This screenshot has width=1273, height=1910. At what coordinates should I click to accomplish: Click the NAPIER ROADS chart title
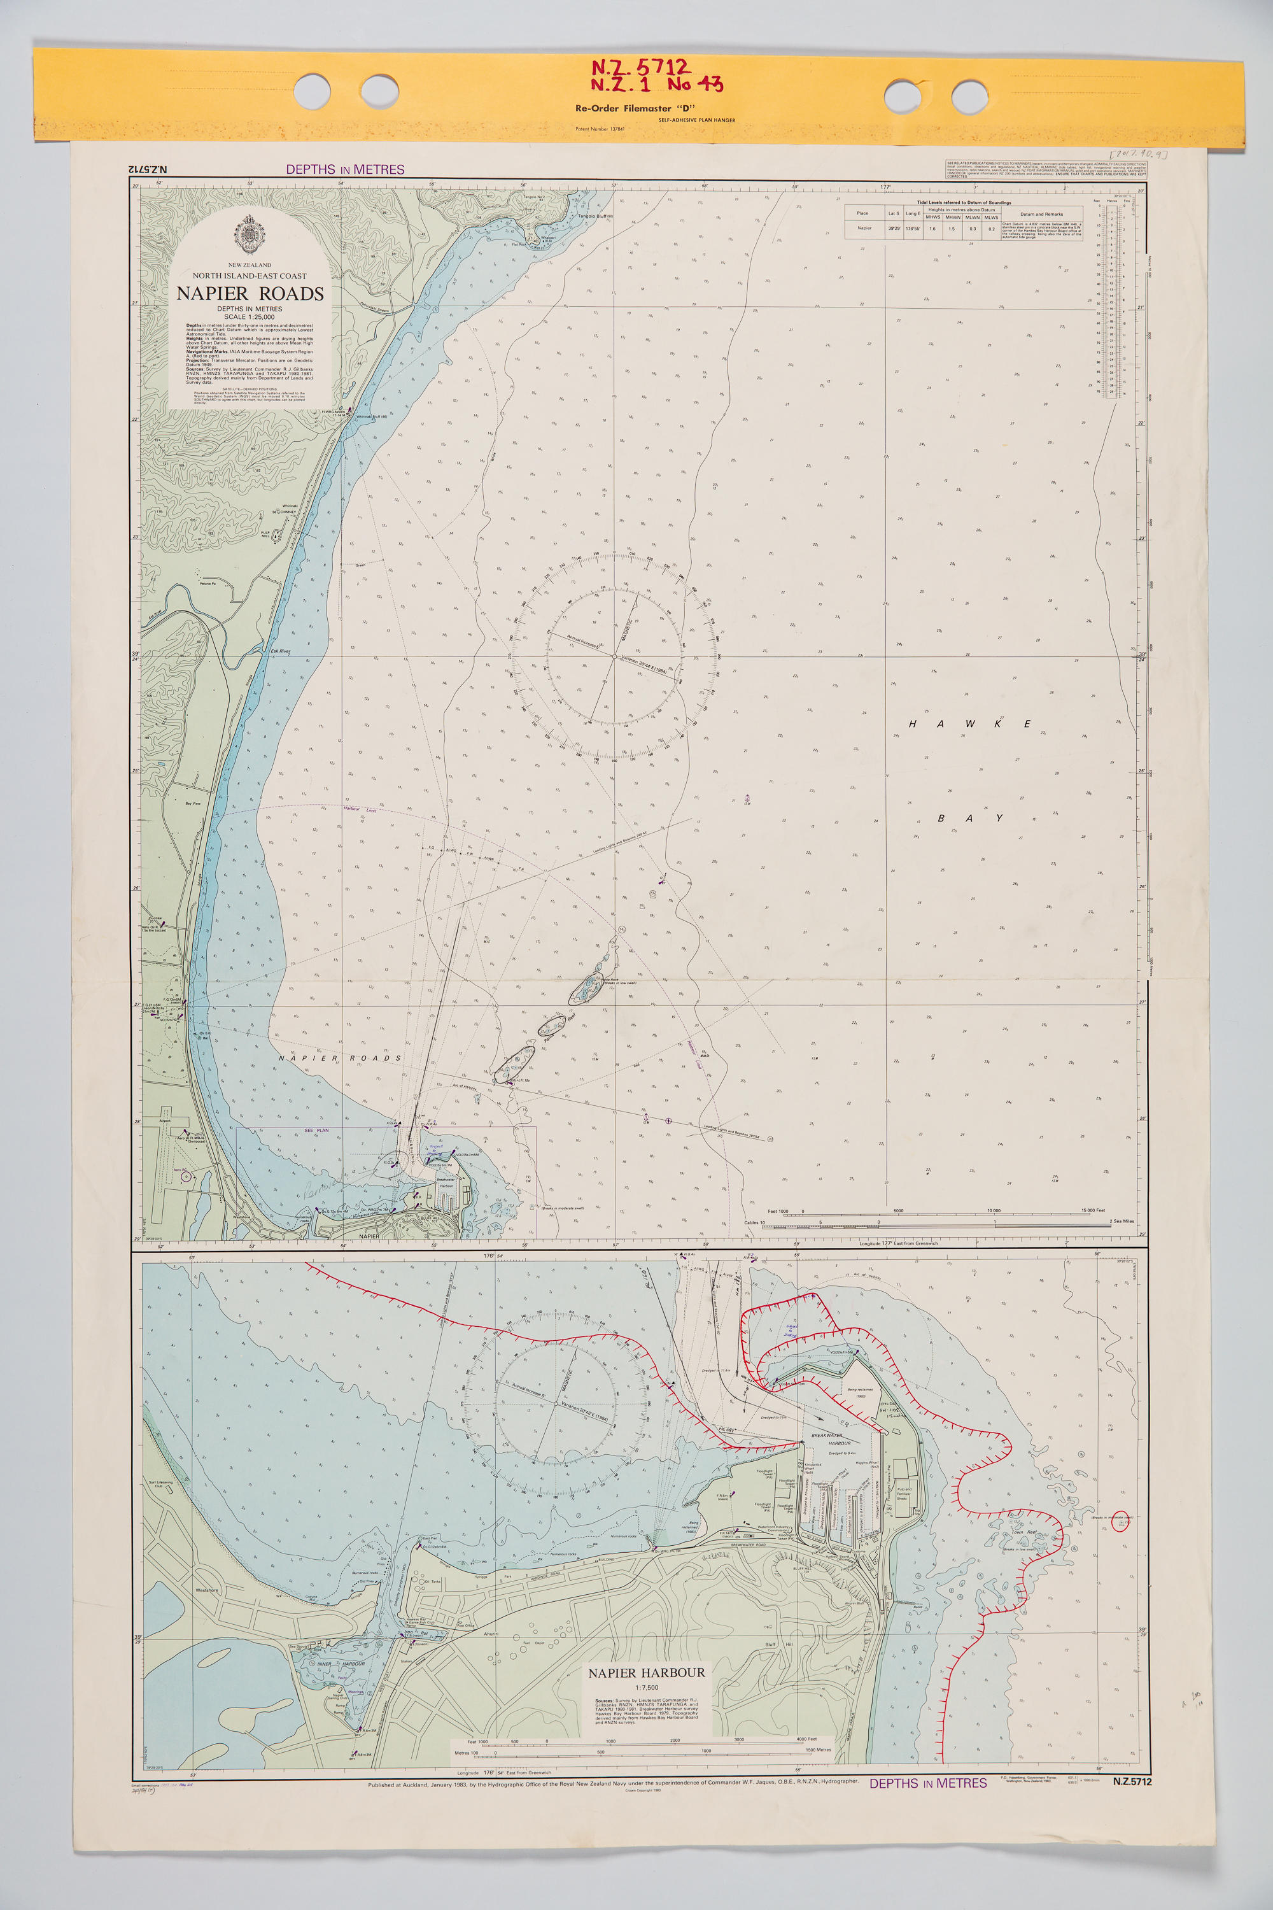[250, 294]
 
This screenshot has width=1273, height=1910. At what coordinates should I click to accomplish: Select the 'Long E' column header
[913, 213]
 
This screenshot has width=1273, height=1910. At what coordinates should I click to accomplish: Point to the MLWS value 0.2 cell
[991, 228]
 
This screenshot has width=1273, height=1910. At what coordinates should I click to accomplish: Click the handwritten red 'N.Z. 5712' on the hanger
[640, 67]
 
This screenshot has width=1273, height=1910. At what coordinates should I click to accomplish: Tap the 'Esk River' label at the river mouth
[280, 651]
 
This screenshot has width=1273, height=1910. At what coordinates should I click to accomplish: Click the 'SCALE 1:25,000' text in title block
[250, 316]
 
